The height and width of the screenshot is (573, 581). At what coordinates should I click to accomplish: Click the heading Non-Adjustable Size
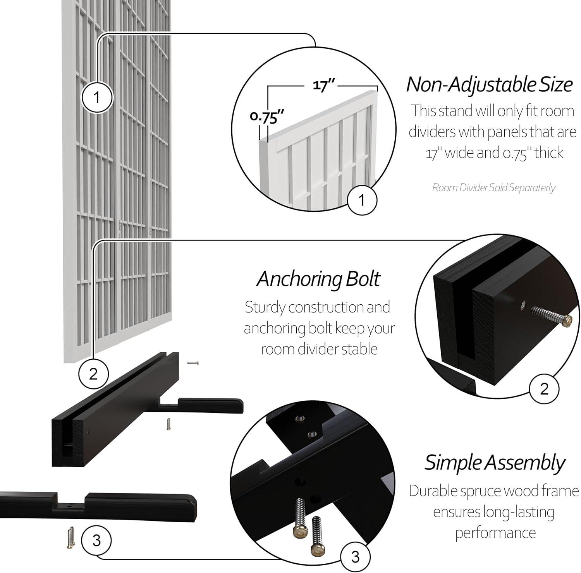coord(489,84)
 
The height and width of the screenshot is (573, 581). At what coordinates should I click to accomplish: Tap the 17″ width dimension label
coord(324,86)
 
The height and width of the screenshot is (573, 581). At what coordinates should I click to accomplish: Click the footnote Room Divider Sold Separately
coord(493,188)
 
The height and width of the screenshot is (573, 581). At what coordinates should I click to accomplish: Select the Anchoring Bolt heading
coord(318,279)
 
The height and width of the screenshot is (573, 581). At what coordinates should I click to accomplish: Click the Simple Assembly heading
coord(494,462)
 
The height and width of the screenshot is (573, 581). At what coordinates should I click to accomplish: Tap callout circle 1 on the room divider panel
coord(96,97)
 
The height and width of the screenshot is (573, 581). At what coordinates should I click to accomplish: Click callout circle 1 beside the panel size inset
coord(362,200)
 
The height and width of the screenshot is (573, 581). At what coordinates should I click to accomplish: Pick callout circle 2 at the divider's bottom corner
coord(93,374)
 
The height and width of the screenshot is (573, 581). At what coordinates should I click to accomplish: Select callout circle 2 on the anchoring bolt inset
coord(544,388)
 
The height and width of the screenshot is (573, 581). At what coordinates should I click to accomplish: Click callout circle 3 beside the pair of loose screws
coord(96,540)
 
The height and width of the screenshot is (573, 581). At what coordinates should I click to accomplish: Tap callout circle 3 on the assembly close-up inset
coord(355,557)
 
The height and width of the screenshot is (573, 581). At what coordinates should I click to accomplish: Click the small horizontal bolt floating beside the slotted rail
coord(193,363)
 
